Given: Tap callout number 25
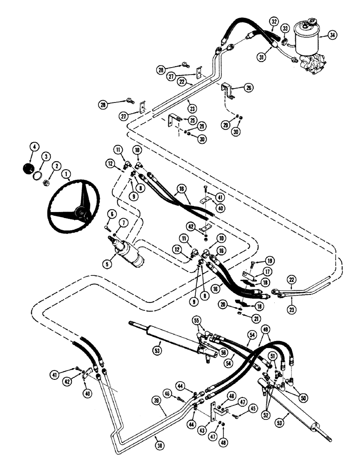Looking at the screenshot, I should click(x=191, y=119).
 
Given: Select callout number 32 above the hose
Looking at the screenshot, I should click(x=274, y=21).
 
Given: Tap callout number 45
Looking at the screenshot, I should click(x=253, y=409).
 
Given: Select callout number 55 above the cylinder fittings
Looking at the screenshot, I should click(x=197, y=321).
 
